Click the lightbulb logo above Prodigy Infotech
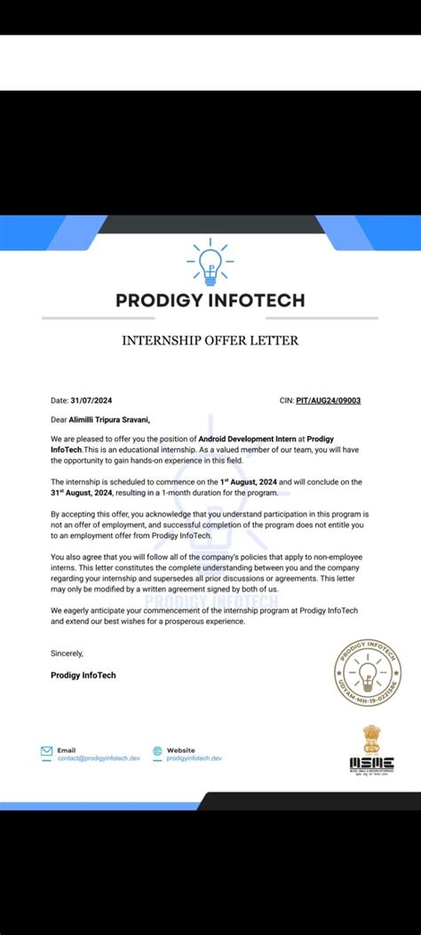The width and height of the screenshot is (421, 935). [210, 261]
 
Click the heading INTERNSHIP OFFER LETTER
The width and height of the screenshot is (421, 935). [210, 340]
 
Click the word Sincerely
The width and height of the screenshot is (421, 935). [67, 654]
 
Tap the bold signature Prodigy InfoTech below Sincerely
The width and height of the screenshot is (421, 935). [83, 675]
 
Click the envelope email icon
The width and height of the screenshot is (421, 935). [46, 751]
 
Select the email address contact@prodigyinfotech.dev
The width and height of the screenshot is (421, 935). [99, 758]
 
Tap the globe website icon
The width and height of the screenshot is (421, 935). [157, 751]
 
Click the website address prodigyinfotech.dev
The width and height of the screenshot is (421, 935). [194, 758]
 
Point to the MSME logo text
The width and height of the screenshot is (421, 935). [372, 763]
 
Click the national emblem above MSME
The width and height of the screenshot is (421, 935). [372, 739]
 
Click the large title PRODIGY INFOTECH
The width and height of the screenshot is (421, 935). [210, 300]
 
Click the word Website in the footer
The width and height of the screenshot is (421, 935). [180, 750]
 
